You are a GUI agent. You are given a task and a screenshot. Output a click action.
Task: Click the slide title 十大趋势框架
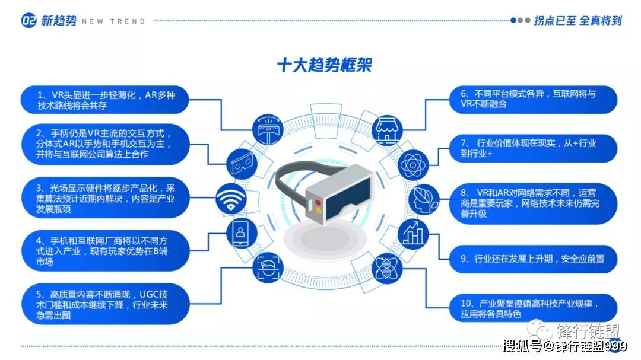(x=324, y=65)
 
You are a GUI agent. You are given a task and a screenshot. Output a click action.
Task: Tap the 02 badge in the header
(x=28, y=20)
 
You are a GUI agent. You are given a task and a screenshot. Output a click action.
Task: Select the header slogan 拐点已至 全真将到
(x=577, y=20)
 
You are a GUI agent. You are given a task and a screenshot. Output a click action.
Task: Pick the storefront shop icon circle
(x=387, y=130)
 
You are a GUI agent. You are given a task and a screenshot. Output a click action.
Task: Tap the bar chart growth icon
(x=413, y=234)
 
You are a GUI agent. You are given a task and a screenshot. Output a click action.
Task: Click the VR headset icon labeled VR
(x=268, y=129)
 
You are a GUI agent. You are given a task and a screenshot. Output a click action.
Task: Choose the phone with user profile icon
(x=241, y=233)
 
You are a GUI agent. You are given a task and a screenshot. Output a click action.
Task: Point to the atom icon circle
(x=413, y=165)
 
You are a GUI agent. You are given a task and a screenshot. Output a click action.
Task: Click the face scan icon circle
(x=268, y=268)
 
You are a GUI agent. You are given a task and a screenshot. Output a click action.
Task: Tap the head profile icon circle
(x=424, y=199)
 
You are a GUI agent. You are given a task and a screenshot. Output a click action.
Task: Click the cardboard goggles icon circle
(x=241, y=164)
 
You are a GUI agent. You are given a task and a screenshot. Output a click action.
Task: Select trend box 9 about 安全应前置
(x=533, y=259)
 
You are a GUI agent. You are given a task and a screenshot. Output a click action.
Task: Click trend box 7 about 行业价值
(x=533, y=148)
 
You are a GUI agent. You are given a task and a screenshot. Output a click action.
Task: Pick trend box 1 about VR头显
(x=104, y=100)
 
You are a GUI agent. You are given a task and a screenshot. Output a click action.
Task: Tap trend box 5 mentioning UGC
(x=106, y=304)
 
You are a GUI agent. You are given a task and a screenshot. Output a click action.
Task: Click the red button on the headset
(x=318, y=203)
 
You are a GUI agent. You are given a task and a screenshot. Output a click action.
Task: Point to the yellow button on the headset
(x=319, y=211)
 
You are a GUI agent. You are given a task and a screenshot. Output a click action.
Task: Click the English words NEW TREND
(x=113, y=21)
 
